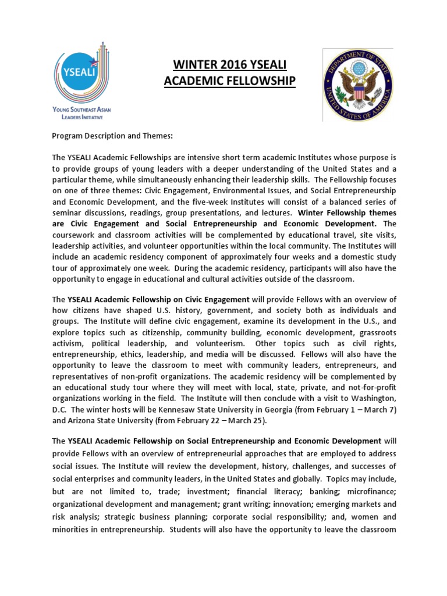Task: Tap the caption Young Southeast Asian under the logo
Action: (82, 110)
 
